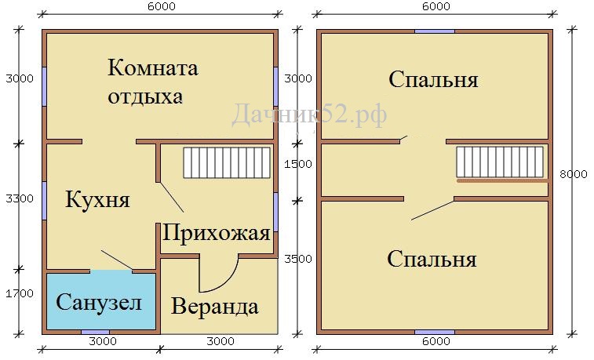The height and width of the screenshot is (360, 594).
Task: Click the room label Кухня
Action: click(98, 199)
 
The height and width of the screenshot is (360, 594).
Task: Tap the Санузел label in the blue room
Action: click(99, 303)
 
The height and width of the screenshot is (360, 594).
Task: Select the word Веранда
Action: click(215, 306)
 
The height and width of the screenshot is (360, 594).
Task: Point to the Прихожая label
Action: click(217, 232)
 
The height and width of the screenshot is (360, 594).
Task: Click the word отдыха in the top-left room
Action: click(145, 97)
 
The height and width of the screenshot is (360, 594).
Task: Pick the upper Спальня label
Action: click(433, 80)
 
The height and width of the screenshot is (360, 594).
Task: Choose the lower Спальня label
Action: click(432, 260)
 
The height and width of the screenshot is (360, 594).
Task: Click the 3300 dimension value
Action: click(20, 198)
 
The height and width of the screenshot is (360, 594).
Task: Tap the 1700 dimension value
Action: click(20, 293)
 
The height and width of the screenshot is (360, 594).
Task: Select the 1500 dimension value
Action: click(298, 164)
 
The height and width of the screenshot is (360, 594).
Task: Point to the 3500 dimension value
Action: click(298, 259)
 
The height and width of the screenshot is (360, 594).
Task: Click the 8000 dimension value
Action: click(574, 174)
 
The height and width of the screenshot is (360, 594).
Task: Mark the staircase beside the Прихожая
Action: click(227, 163)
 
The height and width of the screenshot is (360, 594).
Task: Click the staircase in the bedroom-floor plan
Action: click(500, 162)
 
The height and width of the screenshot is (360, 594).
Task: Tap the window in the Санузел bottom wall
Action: click(96, 333)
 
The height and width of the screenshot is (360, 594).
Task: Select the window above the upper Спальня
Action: click(435, 31)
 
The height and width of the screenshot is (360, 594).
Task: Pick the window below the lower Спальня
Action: click(435, 333)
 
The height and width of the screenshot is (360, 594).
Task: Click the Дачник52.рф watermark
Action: click(309, 114)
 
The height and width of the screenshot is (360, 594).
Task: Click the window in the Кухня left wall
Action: click(44, 201)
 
